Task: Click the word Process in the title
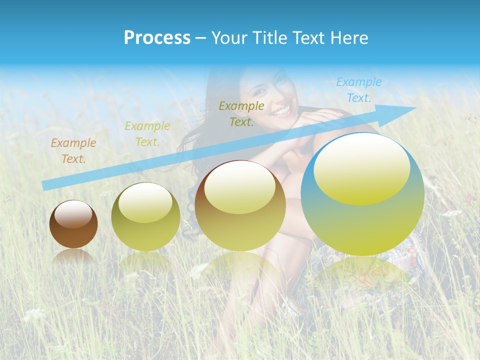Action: [x=157, y=38]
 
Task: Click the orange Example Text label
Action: [x=73, y=151]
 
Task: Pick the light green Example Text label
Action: [x=147, y=134]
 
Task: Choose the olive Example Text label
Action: [x=241, y=113]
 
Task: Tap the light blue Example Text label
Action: [x=359, y=90]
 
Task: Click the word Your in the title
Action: [x=227, y=38]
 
